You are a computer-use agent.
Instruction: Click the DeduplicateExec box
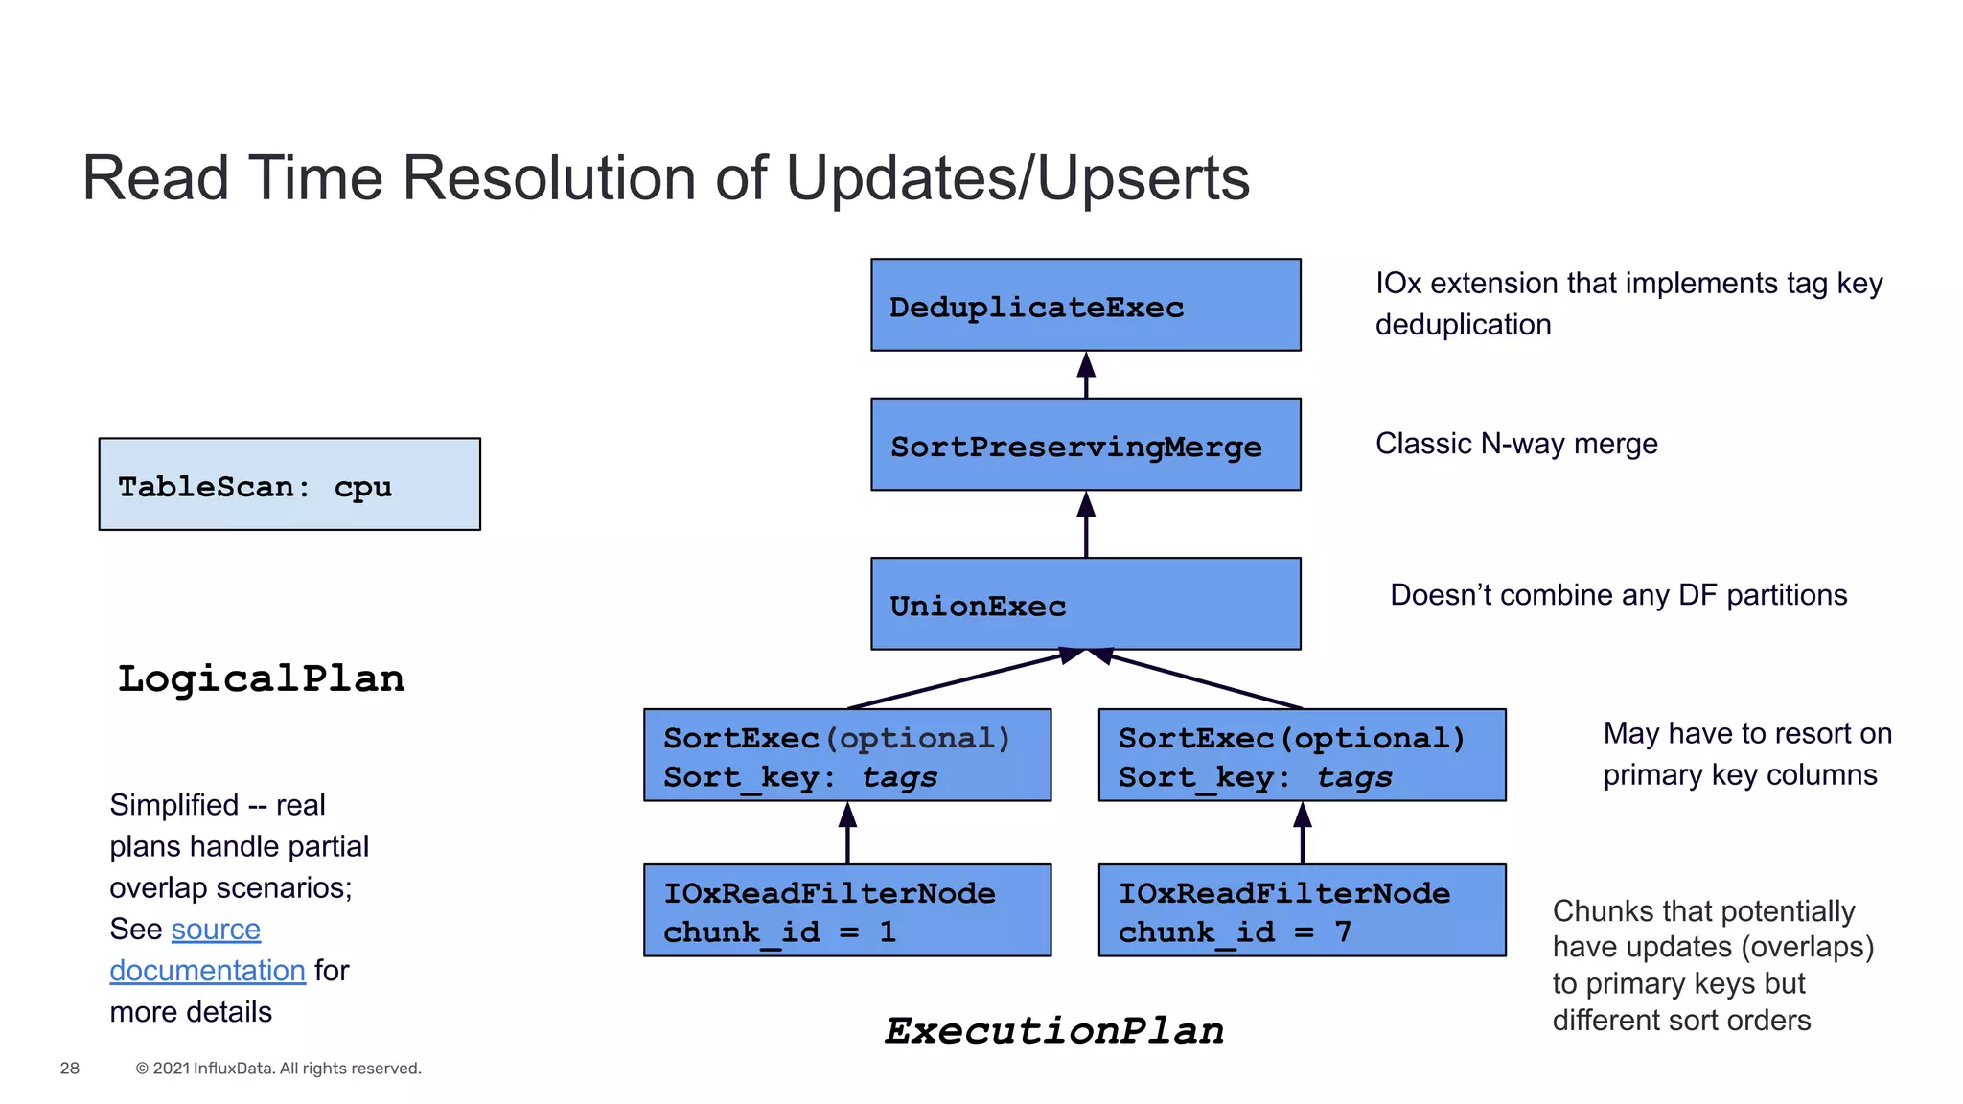click(1085, 305)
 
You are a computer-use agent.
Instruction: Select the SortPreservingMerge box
click(1085, 445)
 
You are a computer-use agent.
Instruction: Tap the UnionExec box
click(1085, 604)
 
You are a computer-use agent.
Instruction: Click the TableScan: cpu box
click(289, 485)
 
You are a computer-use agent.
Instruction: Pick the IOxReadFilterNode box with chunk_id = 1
click(847, 910)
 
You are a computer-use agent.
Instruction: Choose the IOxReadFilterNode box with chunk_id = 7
click(1302, 910)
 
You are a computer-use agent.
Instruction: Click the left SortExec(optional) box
click(847, 755)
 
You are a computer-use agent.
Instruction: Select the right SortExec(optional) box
click(1302, 755)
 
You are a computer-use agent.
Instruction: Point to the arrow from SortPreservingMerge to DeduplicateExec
click(1086, 376)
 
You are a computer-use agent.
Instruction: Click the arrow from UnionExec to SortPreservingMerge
click(1086, 525)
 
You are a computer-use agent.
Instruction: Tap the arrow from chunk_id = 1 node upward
click(847, 834)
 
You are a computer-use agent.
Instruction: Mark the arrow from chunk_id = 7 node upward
click(1303, 834)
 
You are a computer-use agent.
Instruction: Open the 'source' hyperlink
click(216, 930)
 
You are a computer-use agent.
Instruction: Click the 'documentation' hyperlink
click(207, 971)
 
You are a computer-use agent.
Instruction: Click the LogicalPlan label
click(261, 678)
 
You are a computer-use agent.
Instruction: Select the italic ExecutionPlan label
click(1054, 1031)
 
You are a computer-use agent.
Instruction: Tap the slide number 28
click(70, 1069)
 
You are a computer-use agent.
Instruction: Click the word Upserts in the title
click(1143, 178)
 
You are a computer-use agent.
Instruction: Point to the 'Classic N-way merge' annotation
click(1516, 444)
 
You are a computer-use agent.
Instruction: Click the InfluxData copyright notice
click(278, 1069)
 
